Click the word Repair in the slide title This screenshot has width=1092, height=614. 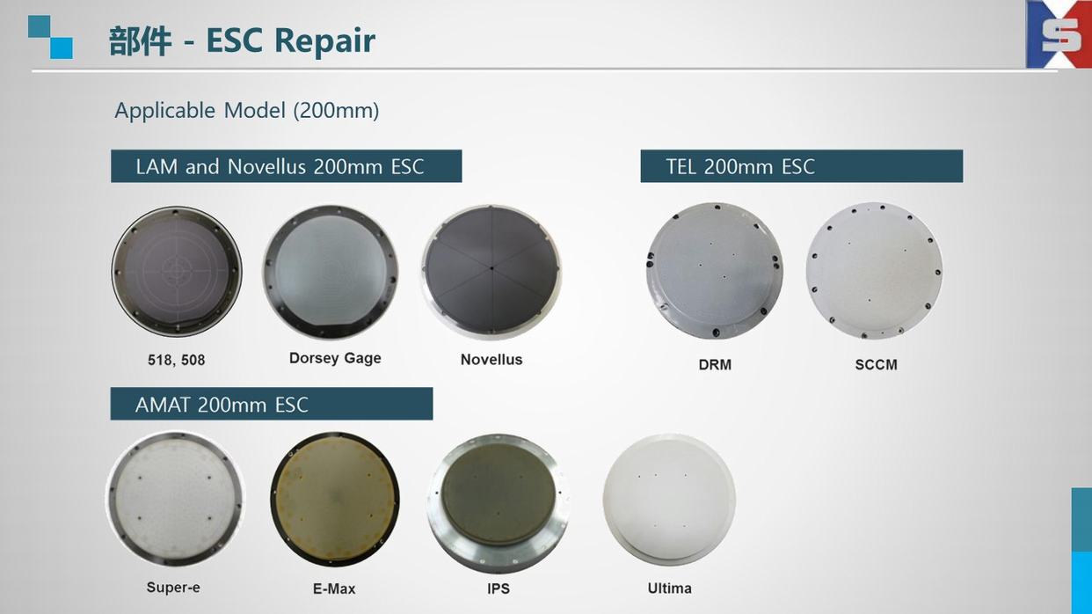(324, 41)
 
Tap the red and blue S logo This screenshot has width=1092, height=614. (1059, 34)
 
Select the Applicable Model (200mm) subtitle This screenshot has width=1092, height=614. (247, 110)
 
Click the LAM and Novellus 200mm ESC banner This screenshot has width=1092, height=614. (286, 166)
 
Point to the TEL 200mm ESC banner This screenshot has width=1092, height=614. (802, 166)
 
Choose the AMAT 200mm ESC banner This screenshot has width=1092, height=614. (272, 404)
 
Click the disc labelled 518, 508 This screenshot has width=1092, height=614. (177, 271)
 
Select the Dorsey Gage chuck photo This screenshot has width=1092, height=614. (331, 272)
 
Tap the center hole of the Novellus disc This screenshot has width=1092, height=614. (491, 268)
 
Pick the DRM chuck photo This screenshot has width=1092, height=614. (715, 271)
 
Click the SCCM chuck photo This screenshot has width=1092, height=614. (874, 271)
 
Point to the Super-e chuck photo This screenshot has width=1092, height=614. (175, 499)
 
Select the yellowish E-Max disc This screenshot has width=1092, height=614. (335, 500)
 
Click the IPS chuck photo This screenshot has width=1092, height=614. (499, 503)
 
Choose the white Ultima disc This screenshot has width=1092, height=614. (669, 501)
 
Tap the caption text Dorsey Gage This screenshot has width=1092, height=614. (335, 358)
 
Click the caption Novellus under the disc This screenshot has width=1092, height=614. (491, 360)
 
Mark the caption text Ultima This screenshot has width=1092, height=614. (669, 588)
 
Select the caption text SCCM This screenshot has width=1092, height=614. (876, 365)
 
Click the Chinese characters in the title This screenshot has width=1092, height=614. (141, 41)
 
